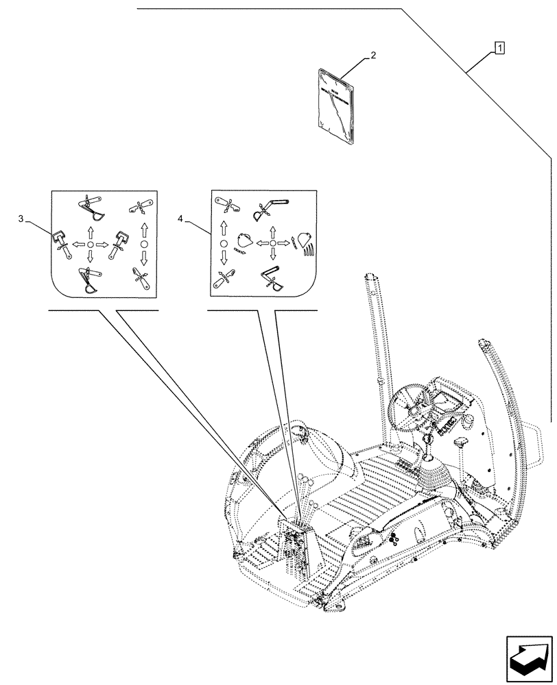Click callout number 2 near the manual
pyautogui.click(x=372, y=54)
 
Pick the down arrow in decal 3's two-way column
pyautogui.click(x=144, y=259)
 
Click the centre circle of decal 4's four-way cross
pyautogui.click(x=272, y=243)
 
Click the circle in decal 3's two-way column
pyautogui.click(x=144, y=244)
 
